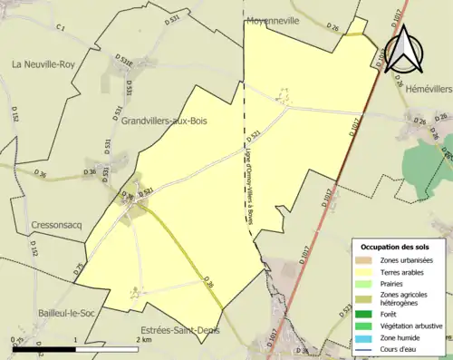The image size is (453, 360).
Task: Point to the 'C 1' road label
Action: (62, 29)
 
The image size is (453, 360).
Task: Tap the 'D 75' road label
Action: (78, 268)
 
